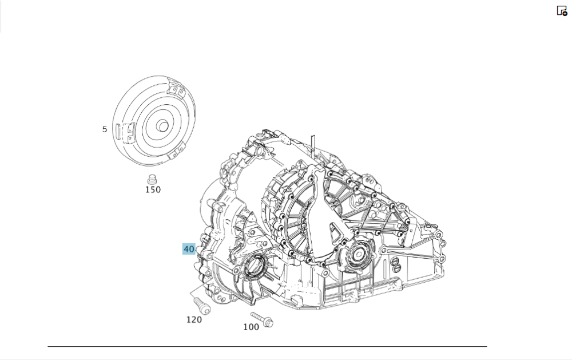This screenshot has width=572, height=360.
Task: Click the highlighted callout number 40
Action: [x=189, y=249]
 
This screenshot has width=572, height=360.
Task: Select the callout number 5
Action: [x=105, y=129]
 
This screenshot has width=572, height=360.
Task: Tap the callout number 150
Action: [x=153, y=189]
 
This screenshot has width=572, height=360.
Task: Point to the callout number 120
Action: [x=194, y=320]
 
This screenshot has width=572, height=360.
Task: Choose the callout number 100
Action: [x=251, y=327]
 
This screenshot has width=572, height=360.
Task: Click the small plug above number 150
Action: [x=152, y=177]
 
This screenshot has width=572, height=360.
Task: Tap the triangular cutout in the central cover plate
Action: [x=332, y=232]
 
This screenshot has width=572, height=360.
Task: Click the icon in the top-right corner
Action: [x=562, y=10]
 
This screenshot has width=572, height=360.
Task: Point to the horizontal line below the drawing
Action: [x=267, y=346]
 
